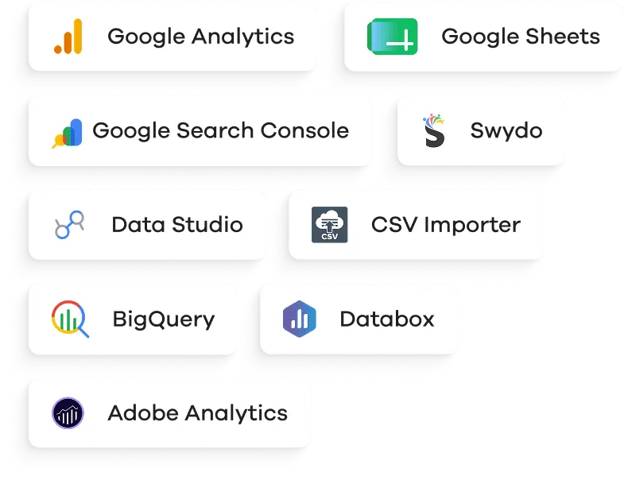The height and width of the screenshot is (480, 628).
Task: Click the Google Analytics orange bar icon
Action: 68,37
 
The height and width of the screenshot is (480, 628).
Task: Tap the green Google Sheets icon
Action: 392,37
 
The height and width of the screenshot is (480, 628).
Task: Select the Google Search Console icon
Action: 67,134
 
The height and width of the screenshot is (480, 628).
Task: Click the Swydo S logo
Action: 434,130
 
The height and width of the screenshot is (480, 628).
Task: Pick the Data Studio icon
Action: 69,225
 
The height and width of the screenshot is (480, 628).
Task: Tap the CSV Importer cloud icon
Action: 330,225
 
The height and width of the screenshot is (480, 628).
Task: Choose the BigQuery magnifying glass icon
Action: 70,319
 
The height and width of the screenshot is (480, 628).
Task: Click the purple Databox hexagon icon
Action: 300,319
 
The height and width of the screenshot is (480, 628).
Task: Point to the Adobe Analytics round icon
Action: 68,412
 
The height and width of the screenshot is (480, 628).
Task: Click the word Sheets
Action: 563,37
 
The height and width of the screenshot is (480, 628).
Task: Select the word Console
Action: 304,130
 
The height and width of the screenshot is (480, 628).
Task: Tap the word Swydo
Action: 506,131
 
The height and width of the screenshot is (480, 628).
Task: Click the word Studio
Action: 207,225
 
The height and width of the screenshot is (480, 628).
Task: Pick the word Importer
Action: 472,226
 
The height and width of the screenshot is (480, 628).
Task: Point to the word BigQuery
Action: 164,319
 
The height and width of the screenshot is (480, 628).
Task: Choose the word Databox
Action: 387,319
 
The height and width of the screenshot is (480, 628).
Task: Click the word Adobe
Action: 143,412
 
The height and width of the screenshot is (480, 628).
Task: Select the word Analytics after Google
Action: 242,37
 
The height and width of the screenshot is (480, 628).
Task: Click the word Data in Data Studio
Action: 138,225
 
